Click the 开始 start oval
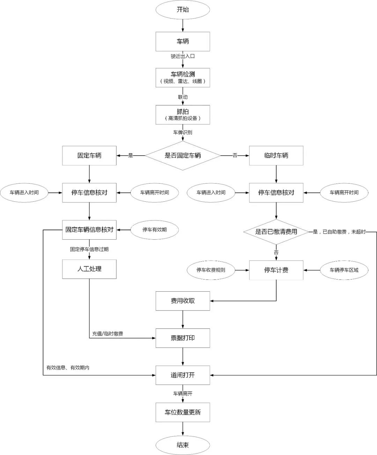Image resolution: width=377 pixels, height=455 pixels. click(x=183, y=10)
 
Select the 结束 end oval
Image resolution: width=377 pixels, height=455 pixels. click(x=183, y=445)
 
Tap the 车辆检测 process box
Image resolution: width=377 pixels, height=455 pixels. click(x=183, y=77)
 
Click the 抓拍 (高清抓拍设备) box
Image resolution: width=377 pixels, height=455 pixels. click(x=183, y=115)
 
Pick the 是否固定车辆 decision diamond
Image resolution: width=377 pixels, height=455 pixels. click(x=183, y=156)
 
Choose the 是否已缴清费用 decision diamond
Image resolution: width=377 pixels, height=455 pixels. click(x=276, y=232)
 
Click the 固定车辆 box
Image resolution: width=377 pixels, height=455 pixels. click(x=89, y=156)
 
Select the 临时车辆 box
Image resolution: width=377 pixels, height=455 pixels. click(x=276, y=156)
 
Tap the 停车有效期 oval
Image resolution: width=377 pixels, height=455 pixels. click(x=154, y=230)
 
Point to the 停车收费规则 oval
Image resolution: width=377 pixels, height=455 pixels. click(x=211, y=270)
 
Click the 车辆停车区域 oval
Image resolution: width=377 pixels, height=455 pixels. click(x=344, y=270)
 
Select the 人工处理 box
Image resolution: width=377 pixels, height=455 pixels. click(x=89, y=269)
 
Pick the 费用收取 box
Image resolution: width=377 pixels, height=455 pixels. click(x=183, y=301)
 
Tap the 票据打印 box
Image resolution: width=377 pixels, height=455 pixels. click(x=183, y=338)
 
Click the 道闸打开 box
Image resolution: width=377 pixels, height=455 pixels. click(x=183, y=375)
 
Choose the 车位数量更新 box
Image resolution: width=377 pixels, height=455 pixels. click(x=183, y=412)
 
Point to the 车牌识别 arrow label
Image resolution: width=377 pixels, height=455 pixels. click(x=183, y=133)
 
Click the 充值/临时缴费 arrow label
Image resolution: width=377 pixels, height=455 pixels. click(x=108, y=334)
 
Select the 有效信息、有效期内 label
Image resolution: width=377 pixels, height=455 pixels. click(x=68, y=368)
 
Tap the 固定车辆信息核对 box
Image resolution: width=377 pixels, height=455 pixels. click(x=89, y=230)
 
